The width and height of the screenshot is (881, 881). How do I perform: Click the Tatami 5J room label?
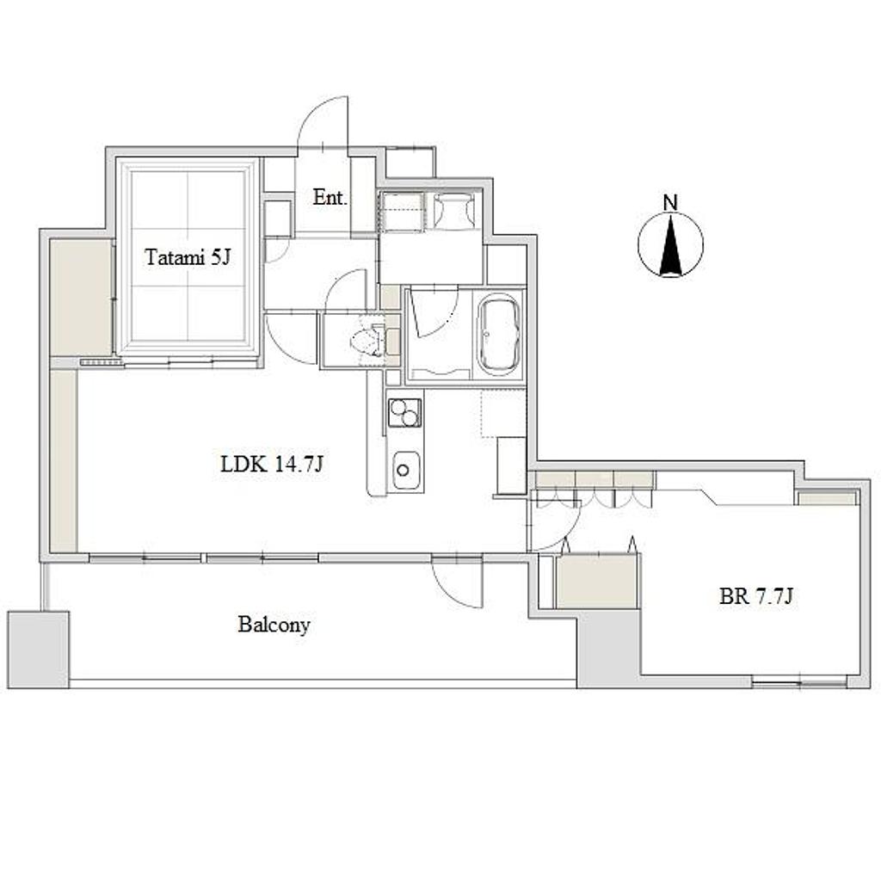188,257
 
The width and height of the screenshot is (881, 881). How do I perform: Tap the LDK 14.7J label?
272,464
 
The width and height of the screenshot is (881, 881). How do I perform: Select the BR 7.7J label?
756,596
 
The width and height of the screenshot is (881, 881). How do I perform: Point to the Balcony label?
274,625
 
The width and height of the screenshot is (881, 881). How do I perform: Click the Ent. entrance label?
330,197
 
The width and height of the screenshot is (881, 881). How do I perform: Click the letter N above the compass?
670,203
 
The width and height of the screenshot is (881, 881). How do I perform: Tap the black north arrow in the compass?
670,246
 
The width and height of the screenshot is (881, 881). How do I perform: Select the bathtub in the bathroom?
498,335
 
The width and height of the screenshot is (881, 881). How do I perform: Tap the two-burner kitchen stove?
404,412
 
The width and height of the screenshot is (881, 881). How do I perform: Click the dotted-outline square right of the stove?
503,414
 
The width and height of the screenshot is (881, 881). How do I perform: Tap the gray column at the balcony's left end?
38,650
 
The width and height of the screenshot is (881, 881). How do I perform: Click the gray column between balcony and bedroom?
608,649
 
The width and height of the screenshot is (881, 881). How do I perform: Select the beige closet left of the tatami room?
81,297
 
